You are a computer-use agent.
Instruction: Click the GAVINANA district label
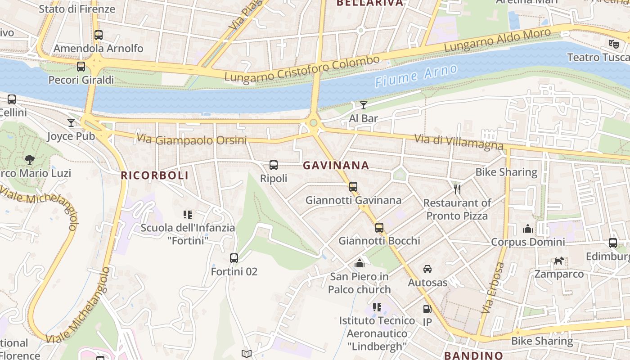[336, 166]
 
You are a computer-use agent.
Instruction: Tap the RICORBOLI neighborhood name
[154, 175]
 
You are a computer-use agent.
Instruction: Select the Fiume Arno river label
[416, 76]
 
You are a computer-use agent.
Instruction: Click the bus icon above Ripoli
[274, 165]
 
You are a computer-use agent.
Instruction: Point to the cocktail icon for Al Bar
[364, 105]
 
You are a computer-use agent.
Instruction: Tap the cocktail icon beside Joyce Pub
[71, 122]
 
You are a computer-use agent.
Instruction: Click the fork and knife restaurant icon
[457, 189]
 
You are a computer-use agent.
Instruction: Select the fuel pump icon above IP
[427, 309]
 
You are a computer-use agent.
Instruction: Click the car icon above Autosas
[427, 269]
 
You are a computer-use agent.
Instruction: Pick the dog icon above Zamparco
[559, 261]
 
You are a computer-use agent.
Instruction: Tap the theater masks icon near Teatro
[613, 44]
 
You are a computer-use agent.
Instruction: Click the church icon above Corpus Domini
[528, 229]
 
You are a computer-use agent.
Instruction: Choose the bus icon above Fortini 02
[234, 258]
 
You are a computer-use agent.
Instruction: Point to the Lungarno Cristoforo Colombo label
[302, 69]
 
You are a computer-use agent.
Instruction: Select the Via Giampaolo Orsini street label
[192, 140]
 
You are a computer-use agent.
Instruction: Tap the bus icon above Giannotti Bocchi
[379, 228]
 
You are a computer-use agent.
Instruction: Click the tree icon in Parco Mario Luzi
[30, 159]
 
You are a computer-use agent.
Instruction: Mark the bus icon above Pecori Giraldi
[81, 67]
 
